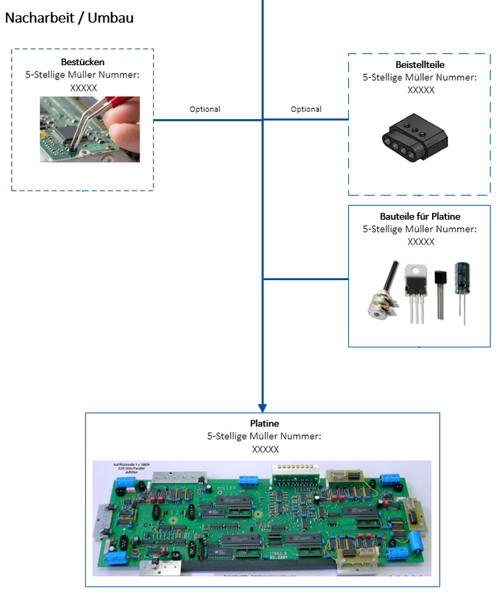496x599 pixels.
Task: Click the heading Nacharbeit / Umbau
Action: click(x=69, y=18)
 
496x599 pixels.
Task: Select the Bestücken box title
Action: click(x=83, y=62)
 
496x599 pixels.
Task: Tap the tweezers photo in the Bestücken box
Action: click(x=89, y=129)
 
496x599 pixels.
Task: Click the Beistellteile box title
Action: click(x=419, y=64)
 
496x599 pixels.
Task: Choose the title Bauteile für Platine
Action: click(x=420, y=216)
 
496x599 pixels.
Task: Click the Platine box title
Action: click(x=264, y=423)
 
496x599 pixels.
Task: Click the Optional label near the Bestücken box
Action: click(x=205, y=110)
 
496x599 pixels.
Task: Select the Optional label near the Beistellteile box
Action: click(x=306, y=110)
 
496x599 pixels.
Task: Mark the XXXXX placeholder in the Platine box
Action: click(x=265, y=449)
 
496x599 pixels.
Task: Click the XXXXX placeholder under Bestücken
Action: click(x=83, y=88)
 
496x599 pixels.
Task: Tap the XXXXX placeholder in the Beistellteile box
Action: click(x=420, y=90)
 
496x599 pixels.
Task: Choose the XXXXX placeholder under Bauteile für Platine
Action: click(x=420, y=242)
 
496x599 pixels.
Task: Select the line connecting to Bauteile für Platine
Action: click(x=305, y=279)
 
